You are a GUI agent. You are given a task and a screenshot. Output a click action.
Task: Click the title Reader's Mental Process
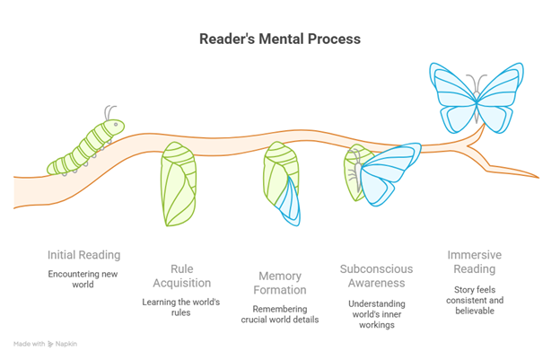click(280, 40)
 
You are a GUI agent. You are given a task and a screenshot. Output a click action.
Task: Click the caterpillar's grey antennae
click(110, 113)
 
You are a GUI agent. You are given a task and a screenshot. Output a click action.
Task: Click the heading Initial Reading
click(83, 254)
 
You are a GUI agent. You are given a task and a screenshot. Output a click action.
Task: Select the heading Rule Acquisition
click(181, 277)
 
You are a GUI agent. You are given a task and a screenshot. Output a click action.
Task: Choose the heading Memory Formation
click(280, 283)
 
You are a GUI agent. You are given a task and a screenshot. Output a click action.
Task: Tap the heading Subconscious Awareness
click(376, 277)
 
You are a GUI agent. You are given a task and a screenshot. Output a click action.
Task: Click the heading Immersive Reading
click(474, 262)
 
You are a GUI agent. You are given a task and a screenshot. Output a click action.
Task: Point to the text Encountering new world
click(83, 278)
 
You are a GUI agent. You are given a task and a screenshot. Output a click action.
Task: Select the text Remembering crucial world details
click(280, 314)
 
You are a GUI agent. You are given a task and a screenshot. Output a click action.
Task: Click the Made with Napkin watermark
click(44, 344)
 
